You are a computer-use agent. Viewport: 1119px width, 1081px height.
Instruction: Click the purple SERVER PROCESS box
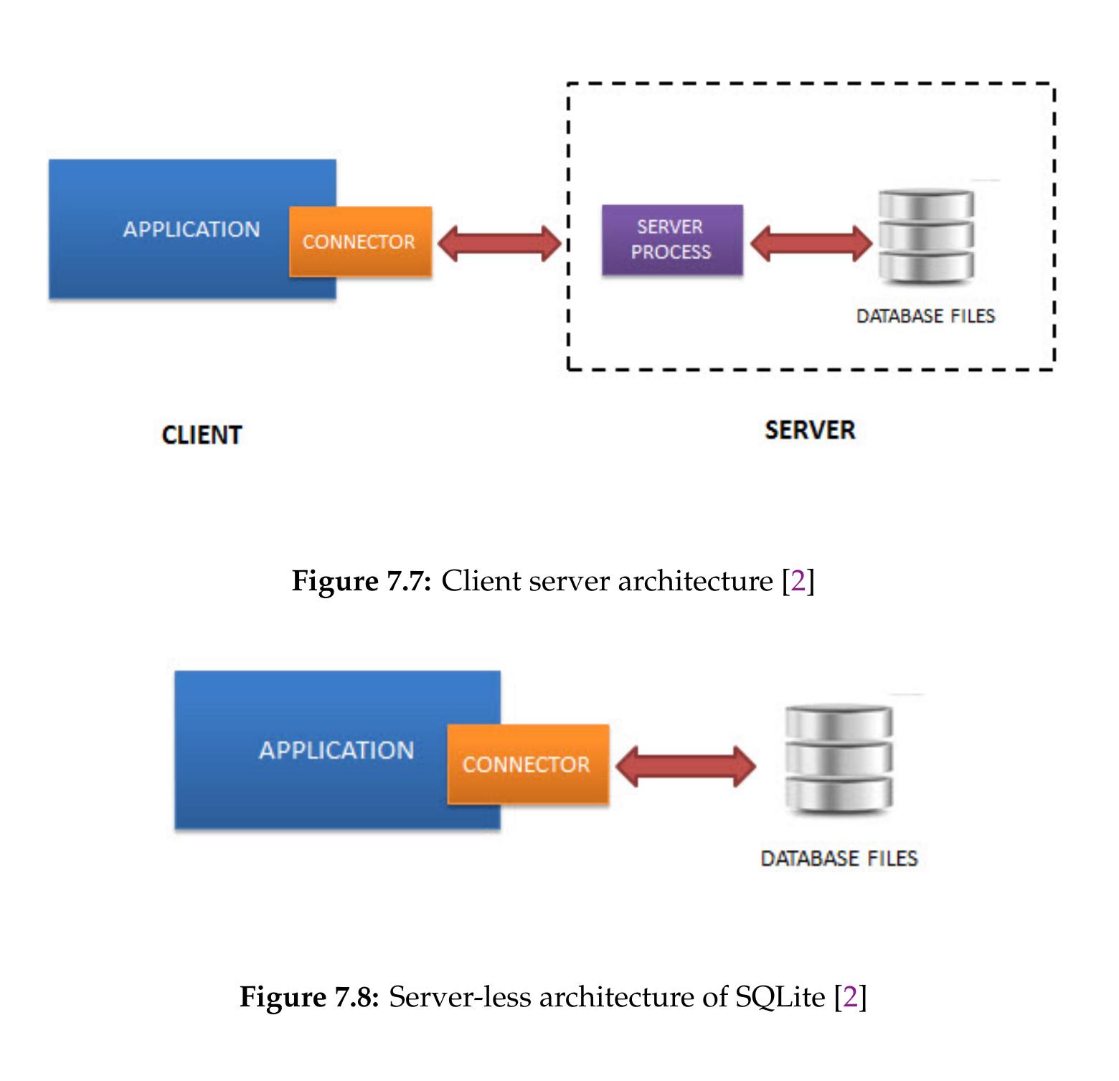(672, 240)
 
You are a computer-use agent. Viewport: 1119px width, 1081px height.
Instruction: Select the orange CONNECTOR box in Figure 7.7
(361, 242)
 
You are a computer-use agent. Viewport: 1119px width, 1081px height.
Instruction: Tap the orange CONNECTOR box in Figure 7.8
(528, 764)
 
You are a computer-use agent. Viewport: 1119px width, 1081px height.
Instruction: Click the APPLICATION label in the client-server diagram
(192, 230)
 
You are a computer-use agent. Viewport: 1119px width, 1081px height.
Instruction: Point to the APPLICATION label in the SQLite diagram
(336, 750)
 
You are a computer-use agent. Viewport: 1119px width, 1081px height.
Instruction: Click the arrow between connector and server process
(499, 243)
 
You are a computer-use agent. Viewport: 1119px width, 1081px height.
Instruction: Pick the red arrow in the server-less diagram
(686, 766)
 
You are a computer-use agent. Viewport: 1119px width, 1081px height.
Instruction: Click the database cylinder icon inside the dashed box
(927, 237)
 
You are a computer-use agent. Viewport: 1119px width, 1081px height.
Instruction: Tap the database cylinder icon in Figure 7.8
(839, 761)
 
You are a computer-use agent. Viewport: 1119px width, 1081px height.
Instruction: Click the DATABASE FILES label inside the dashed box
(925, 316)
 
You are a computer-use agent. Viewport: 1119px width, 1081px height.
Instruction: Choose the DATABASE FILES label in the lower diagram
(839, 859)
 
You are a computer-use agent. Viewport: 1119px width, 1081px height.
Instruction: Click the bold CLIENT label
(202, 435)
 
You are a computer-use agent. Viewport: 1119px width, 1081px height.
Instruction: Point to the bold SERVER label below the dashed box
(810, 430)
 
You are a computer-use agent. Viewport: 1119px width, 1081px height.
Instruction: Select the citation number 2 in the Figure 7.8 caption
(851, 997)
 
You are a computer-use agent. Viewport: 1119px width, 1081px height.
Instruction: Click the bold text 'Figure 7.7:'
(362, 581)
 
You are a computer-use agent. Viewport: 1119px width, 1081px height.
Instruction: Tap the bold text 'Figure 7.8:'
(309, 997)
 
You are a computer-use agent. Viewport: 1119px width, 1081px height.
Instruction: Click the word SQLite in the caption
(780, 998)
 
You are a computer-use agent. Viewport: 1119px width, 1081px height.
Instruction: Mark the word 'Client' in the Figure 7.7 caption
(481, 580)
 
